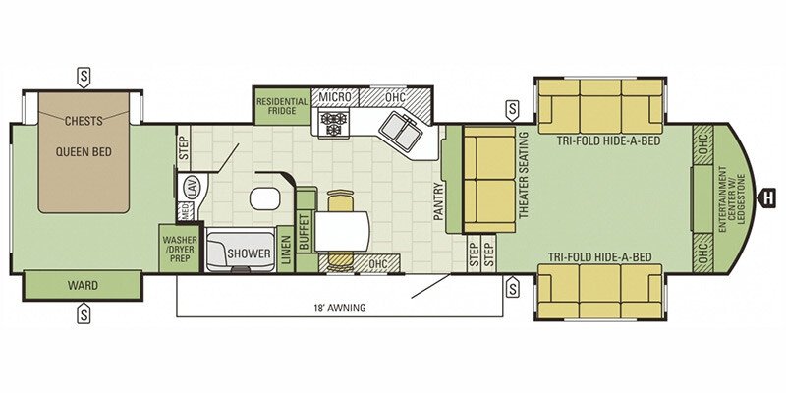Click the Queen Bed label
point(84,152)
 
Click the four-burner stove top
point(334,124)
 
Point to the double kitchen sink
point(401,131)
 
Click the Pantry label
point(438,201)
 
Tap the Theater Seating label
point(524,175)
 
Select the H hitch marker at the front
point(768,196)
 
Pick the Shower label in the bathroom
point(249,253)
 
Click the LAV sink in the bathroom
point(193,187)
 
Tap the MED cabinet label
point(185,212)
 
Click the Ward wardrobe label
point(84,286)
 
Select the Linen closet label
point(285,250)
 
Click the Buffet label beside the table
point(304,231)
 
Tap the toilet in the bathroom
point(264,198)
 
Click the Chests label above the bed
point(84,121)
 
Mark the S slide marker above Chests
point(84,78)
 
